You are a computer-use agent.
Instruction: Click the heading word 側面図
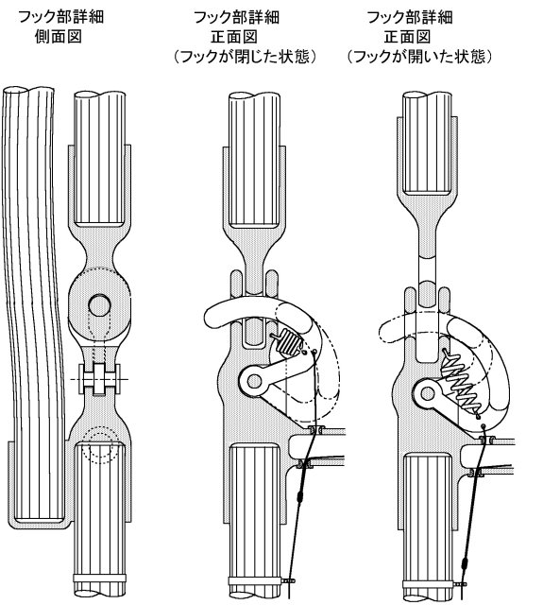[x=59, y=37]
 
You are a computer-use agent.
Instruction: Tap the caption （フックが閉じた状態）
[x=246, y=57]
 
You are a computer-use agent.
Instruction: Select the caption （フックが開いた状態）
[x=419, y=57]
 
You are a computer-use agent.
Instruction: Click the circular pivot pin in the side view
[x=99, y=305]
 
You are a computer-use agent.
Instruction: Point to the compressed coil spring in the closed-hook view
[x=287, y=342]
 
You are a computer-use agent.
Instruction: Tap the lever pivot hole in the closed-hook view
[x=254, y=381]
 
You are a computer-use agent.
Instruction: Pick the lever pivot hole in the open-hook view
[x=428, y=394]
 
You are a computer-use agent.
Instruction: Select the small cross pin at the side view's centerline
[x=99, y=379]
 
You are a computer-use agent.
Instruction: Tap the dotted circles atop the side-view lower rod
[x=100, y=444]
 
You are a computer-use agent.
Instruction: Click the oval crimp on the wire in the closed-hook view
[x=299, y=497]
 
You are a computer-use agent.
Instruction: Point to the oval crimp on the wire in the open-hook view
[x=464, y=563]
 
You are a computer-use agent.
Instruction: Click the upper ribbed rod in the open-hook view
[x=427, y=143]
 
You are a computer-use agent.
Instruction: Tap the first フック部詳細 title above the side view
[x=61, y=17]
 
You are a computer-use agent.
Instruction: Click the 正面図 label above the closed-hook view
[x=234, y=37]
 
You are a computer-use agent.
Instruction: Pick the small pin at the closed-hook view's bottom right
[x=289, y=579]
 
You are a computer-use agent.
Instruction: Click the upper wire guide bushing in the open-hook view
[x=486, y=439]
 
